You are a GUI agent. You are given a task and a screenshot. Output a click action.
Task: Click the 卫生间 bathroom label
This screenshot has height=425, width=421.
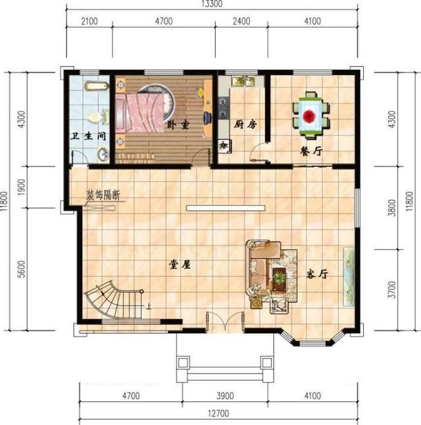pos(89,136)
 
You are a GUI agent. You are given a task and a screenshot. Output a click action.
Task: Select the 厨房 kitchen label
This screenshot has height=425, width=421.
pos(244,124)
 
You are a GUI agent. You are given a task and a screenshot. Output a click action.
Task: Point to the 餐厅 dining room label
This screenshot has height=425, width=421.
pos(310,151)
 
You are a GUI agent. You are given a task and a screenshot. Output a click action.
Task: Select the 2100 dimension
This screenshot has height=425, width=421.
pos(89,22)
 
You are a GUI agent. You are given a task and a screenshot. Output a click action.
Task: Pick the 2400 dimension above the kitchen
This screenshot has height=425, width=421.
pos(243,22)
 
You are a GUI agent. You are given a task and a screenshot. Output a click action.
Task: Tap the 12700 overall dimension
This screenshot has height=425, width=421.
pos(219,414)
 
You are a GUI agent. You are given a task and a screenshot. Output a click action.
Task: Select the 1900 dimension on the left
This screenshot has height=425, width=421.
pos(22,189)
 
